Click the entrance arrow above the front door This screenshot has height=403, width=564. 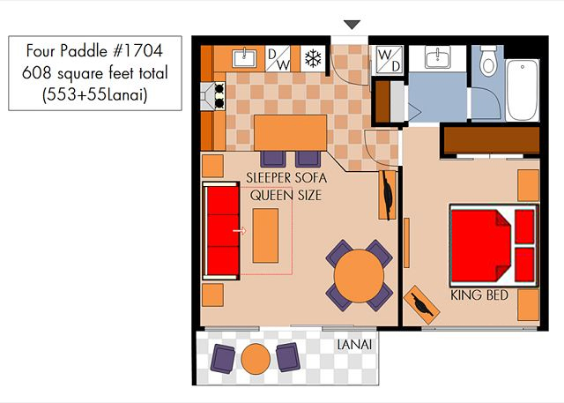[352, 25]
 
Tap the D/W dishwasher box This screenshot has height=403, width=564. [278, 58]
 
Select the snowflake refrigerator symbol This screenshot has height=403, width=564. [313, 58]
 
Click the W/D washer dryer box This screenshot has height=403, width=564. [390, 60]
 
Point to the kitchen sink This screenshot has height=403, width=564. [244, 58]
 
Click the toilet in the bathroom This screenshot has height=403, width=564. [488, 61]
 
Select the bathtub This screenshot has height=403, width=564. [522, 90]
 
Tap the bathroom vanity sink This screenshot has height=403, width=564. [437, 57]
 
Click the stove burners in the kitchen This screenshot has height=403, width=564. [219, 96]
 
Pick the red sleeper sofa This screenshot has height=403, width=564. [221, 231]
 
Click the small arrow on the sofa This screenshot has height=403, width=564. [239, 231]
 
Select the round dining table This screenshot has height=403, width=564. [359, 276]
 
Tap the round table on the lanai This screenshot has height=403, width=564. [256, 359]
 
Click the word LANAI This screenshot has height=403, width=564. [354, 345]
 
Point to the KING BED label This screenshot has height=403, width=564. [479, 295]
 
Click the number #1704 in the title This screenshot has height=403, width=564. [137, 50]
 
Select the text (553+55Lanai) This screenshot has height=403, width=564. [95, 95]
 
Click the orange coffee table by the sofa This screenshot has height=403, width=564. [265, 235]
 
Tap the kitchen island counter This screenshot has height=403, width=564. [291, 133]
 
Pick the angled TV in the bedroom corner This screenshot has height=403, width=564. [421, 305]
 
